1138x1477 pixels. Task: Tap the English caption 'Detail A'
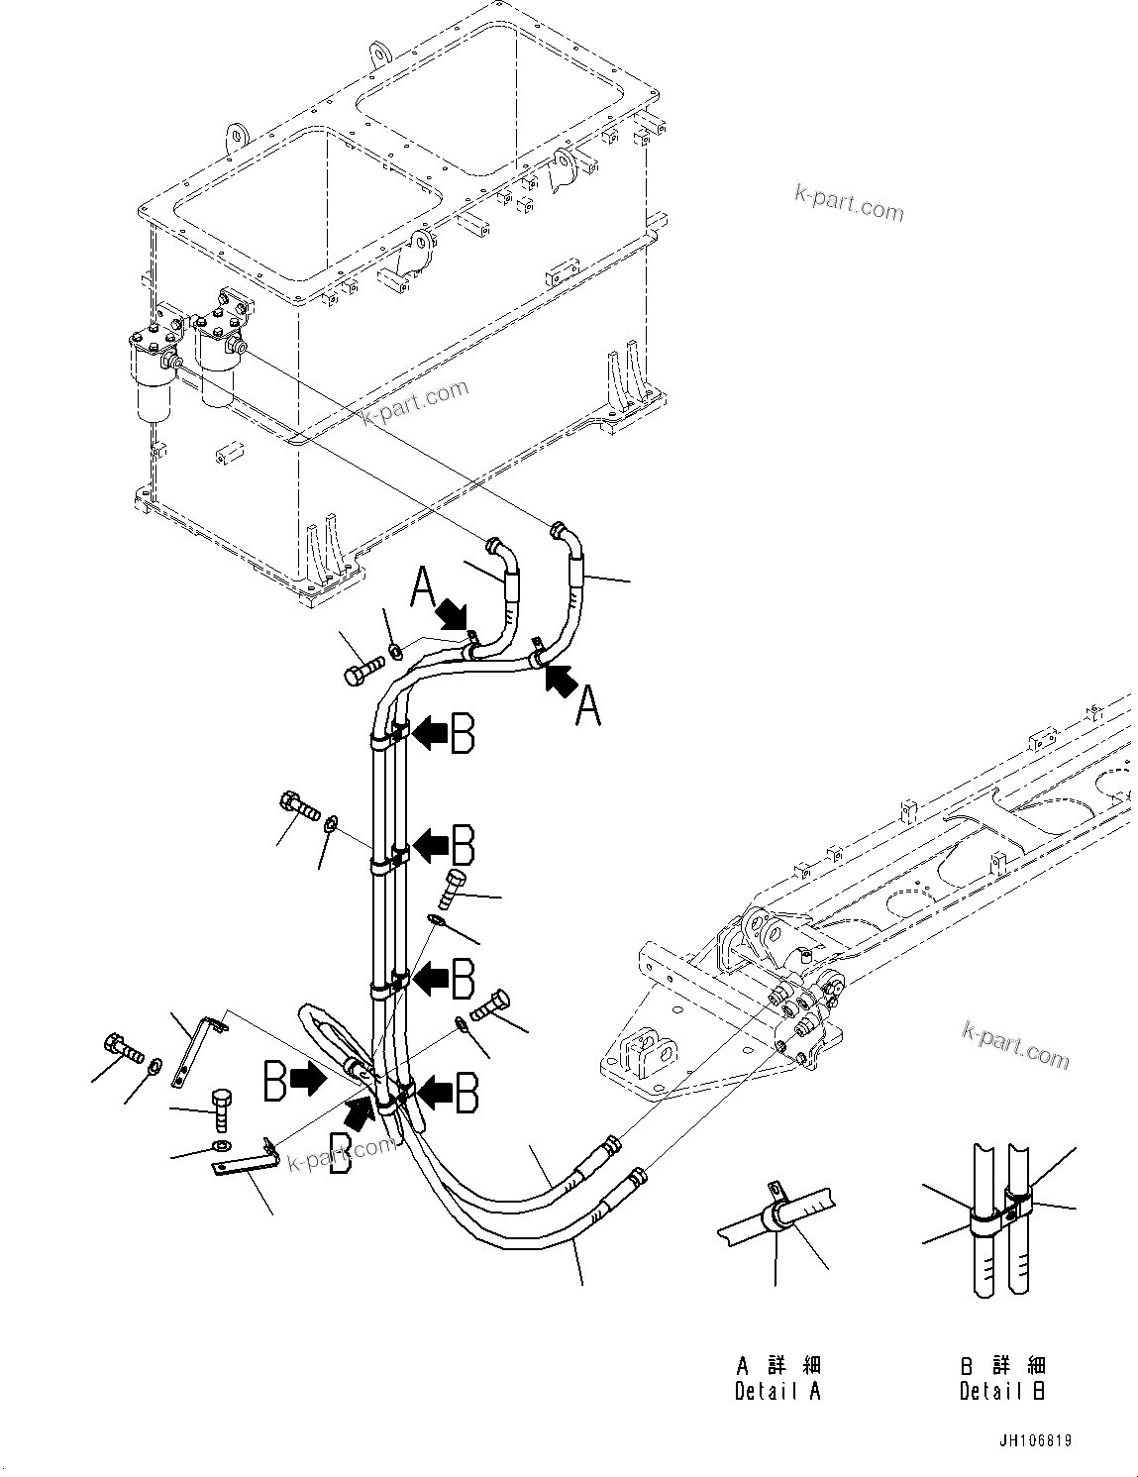(777, 1391)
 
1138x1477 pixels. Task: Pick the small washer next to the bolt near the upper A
(395, 651)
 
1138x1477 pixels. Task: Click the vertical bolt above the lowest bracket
(223, 1112)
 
